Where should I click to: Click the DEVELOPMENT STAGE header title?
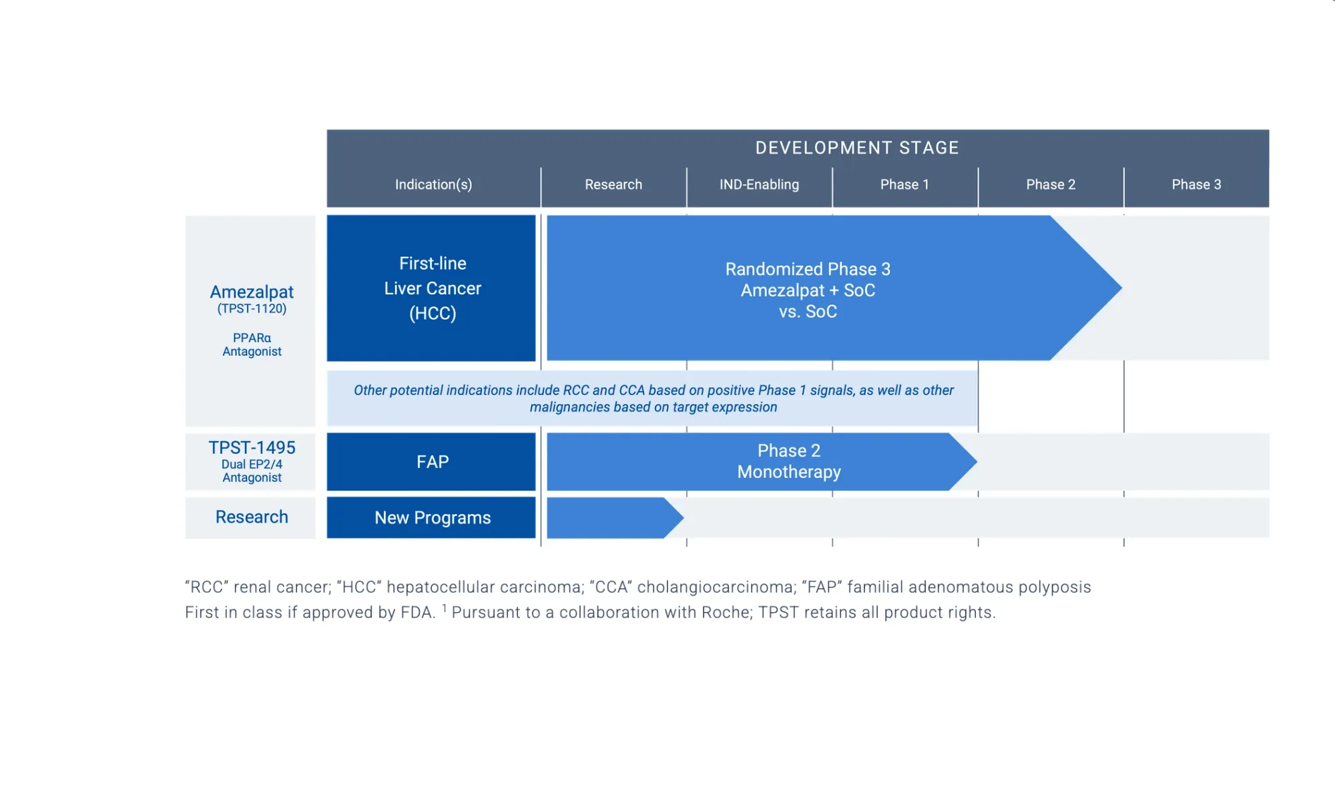[x=856, y=148]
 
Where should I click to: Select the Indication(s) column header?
[x=433, y=184]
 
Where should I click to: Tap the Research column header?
[x=613, y=184]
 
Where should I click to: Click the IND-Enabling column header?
[x=759, y=184]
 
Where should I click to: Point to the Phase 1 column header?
[x=904, y=184]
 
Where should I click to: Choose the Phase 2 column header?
[x=1051, y=184]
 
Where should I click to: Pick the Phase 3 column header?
[x=1196, y=184]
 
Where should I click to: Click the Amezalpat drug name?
[x=252, y=292]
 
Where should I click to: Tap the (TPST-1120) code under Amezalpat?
[x=252, y=308]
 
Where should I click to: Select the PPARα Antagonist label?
[x=252, y=344]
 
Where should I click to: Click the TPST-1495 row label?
[x=252, y=447]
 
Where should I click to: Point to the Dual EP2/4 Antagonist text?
[x=252, y=471]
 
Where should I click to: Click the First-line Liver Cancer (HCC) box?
[x=432, y=288]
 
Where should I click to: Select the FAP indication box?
[x=432, y=462]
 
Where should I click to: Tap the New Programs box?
[x=432, y=517]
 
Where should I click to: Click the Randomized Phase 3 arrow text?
[x=808, y=290]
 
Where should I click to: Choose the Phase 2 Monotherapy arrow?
[x=788, y=461]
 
